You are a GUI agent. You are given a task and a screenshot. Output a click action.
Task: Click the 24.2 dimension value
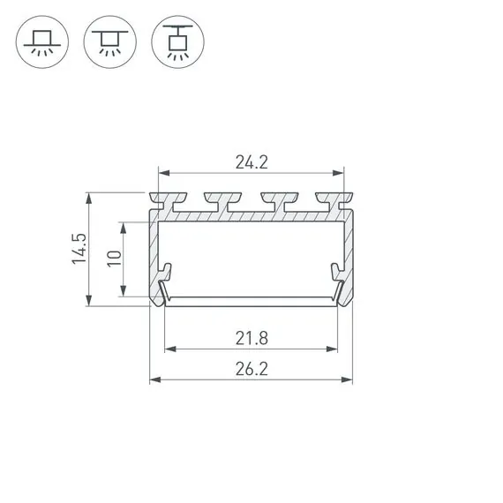click(x=251, y=161)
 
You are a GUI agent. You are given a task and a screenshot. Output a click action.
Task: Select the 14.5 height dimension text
click(x=79, y=250)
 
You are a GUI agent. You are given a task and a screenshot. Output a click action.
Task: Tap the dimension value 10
click(x=113, y=259)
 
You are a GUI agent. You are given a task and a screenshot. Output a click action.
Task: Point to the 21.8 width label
click(x=251, y=337)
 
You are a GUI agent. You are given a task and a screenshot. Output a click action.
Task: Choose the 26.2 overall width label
click(x=251, y=369)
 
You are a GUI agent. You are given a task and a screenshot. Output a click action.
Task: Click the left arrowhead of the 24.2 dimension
click(x=161, y=173)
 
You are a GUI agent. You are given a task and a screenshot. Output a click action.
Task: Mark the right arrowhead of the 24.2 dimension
click(x=342, y=173)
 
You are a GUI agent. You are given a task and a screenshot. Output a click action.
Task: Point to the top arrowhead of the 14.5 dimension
click(x=88, y=196)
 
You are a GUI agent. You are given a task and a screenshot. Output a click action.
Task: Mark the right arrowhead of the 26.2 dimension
click(x=349, y=380)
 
